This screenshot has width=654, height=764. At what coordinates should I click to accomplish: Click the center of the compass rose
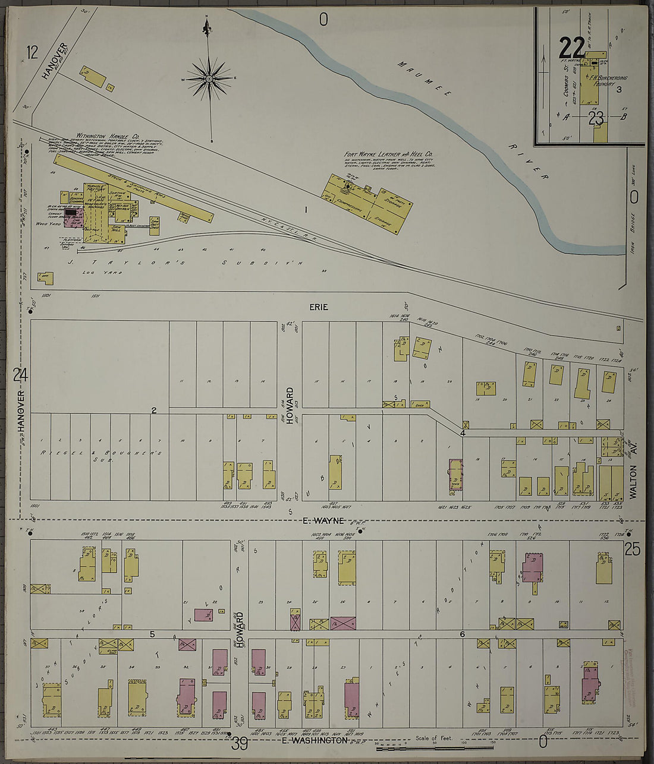(209, 78)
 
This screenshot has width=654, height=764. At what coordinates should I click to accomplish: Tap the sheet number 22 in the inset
(571, 48)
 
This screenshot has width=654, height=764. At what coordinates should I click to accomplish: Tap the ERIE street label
(318, 307)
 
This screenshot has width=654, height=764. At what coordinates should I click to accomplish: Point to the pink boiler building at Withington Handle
(73, 216)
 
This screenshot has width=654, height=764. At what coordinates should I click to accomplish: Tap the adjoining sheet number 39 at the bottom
(240, 743)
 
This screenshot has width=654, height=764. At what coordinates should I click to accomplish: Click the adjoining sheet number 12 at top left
(32, 52)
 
